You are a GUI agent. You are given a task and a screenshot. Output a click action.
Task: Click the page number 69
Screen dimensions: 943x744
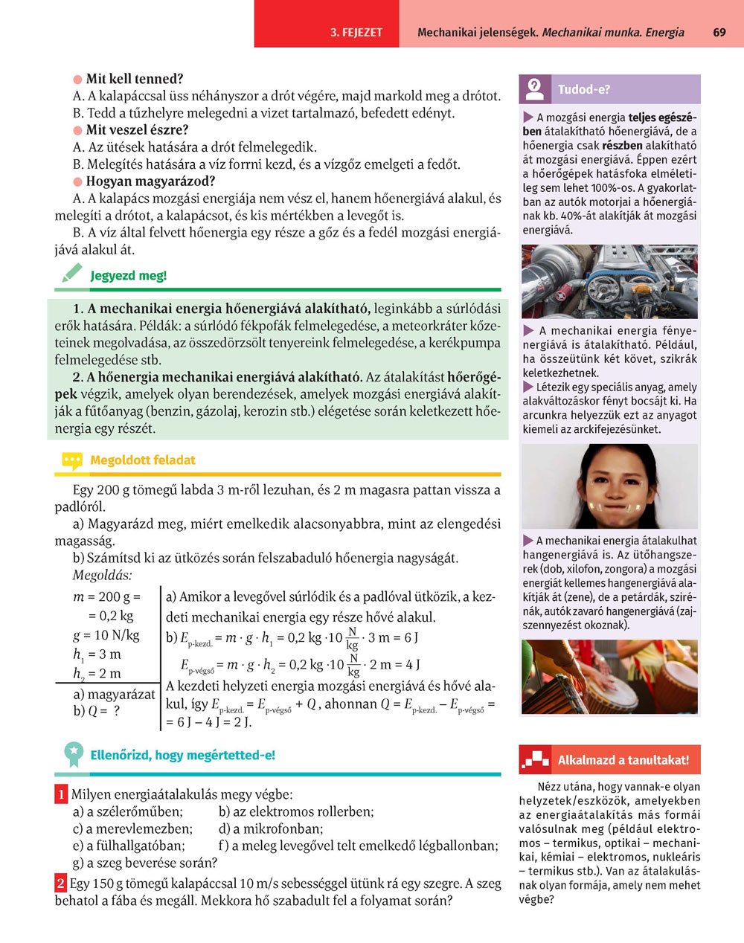tap(719, 33)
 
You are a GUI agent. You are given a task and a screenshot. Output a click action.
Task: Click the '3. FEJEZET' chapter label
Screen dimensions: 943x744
tap(356, 33)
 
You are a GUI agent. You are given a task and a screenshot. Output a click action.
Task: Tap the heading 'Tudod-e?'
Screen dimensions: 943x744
tap(584, 89)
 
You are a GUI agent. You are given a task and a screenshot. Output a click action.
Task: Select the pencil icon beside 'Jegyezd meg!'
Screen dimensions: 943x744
tap(71, 274)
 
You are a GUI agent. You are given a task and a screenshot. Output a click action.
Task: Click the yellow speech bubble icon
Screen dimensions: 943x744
tap(71, 461)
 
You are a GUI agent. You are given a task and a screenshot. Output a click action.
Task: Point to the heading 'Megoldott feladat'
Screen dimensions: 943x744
tap(142, 460)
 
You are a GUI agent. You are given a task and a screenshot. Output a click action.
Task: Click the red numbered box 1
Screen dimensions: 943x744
tap(61, 794)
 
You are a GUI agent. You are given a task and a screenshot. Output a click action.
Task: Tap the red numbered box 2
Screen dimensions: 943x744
tap(61, 884)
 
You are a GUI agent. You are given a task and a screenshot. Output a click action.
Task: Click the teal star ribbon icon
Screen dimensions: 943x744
tap(73, 754)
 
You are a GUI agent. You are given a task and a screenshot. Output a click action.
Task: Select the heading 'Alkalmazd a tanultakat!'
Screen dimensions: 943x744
tap(623, 760)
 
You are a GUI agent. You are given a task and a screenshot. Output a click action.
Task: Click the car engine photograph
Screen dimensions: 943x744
tap(609, 282)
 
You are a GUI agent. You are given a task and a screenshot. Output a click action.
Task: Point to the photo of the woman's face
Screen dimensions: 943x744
tap(609, 486)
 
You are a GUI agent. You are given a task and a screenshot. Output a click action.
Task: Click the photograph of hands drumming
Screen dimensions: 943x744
tap(609, 677)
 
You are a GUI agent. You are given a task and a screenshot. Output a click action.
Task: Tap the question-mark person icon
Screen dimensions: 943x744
tap(535, 89)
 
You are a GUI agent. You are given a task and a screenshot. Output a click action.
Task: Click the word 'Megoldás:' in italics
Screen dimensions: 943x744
tap(102, 576)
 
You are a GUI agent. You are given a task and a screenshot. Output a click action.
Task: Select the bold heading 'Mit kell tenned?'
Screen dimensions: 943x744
tap(134, 79)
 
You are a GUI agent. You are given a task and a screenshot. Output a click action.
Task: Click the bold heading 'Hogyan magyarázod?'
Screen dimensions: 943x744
tap(150, 181)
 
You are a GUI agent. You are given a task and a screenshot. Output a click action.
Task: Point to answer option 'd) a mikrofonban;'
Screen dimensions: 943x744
tap(271, 828)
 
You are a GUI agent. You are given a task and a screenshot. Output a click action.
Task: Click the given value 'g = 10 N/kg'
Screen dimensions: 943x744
tap(106, 635)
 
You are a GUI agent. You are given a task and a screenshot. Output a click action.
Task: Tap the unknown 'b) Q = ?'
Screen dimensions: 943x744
tap(96, 711)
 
